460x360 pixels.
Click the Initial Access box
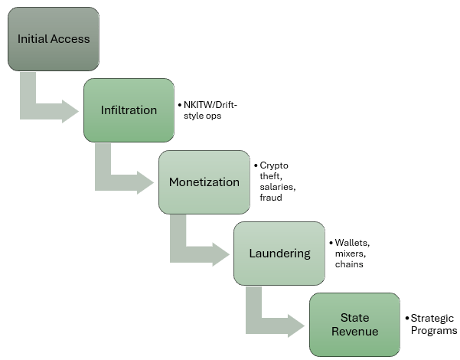[x=54, y=39]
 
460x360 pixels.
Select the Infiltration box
[x=129, y=110]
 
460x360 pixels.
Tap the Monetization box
[x=204, y=182]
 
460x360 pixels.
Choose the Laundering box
[x=279, y=253]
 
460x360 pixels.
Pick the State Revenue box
[x=354, y=324]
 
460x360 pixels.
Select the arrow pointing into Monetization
[x=122, y=178]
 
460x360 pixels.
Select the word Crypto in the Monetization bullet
[x=273, y=165]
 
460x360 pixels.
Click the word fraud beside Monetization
[x=270, y=197]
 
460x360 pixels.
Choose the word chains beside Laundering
[x=348, y=264]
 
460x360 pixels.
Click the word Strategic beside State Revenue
[x=432, y=319]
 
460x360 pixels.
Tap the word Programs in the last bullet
[x=434, y=330]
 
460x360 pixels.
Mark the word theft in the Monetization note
[x=270, y=175]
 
